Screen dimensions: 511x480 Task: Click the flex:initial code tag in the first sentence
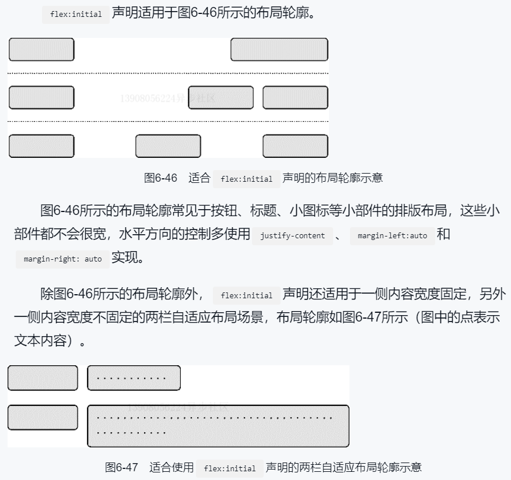tap(76, 14)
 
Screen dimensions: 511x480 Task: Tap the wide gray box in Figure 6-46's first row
tap(279, 50)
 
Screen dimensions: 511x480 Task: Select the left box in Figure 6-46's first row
tap(41, 50)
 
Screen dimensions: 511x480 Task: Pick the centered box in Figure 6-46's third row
tap(168, 146)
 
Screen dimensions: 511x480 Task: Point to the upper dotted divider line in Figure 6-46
tap(168, 73)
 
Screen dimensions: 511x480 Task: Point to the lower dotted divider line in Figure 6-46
tap(168, 121)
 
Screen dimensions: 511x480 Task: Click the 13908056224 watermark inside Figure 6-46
tap(167, 98)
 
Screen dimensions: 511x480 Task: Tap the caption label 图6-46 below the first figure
tap(160, 178)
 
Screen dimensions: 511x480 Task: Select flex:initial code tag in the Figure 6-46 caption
tap(247, 179)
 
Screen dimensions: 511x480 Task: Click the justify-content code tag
tap(292, 236)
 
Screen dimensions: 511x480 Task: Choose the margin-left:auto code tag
tap(392, 236)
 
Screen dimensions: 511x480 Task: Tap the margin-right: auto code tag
tap(62, 259)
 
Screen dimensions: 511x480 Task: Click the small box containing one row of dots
tap(134, 378)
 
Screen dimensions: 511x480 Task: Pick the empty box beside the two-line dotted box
tap(43, 418)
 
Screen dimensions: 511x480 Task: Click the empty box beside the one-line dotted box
tap(43, 378)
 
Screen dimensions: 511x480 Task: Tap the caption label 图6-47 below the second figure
tap(121, 467)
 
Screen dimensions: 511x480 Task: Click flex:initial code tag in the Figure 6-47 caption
tap(230, 468)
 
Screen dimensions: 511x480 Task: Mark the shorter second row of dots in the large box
tap(131, 433)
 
